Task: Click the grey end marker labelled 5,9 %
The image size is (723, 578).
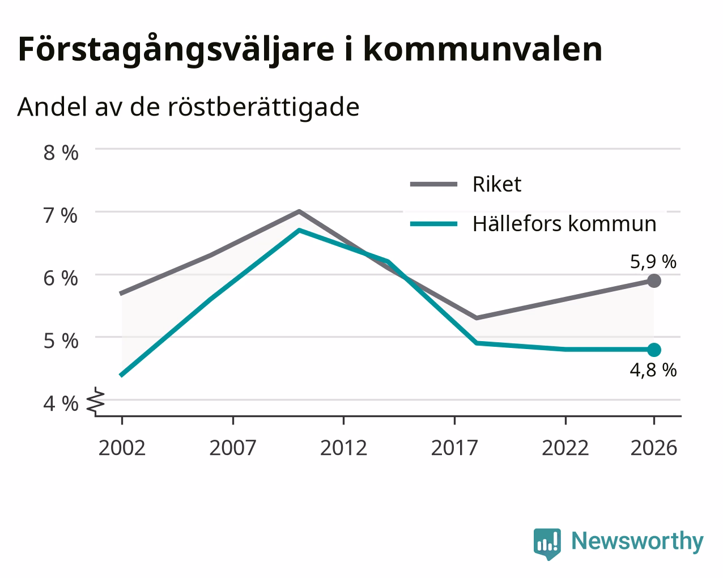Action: point(654,280)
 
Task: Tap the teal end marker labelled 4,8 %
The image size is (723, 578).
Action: point(654,350)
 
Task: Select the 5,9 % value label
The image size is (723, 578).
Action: point(653,262)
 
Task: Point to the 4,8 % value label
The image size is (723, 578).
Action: point(653,371)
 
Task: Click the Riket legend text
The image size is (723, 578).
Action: point(497,184)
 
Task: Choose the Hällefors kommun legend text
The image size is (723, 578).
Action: point(564,224)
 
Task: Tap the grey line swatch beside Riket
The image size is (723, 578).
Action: point(433,184)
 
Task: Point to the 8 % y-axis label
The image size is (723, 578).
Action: point(61,153)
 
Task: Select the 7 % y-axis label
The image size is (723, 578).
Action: point(61,216)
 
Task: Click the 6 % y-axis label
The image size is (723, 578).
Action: point(61,279)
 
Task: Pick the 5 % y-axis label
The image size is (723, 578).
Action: point(61,341)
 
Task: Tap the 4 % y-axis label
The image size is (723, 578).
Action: point(61,404)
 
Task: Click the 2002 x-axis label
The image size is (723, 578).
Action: point(122,448)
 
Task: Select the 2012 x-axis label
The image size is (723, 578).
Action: point(343,448)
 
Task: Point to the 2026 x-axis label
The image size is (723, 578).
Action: point(654,448)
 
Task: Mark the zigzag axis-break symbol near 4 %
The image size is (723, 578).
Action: point(96,400)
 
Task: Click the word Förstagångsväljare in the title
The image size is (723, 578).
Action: point(176,50)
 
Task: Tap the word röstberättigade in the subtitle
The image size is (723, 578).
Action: point(263,107)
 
